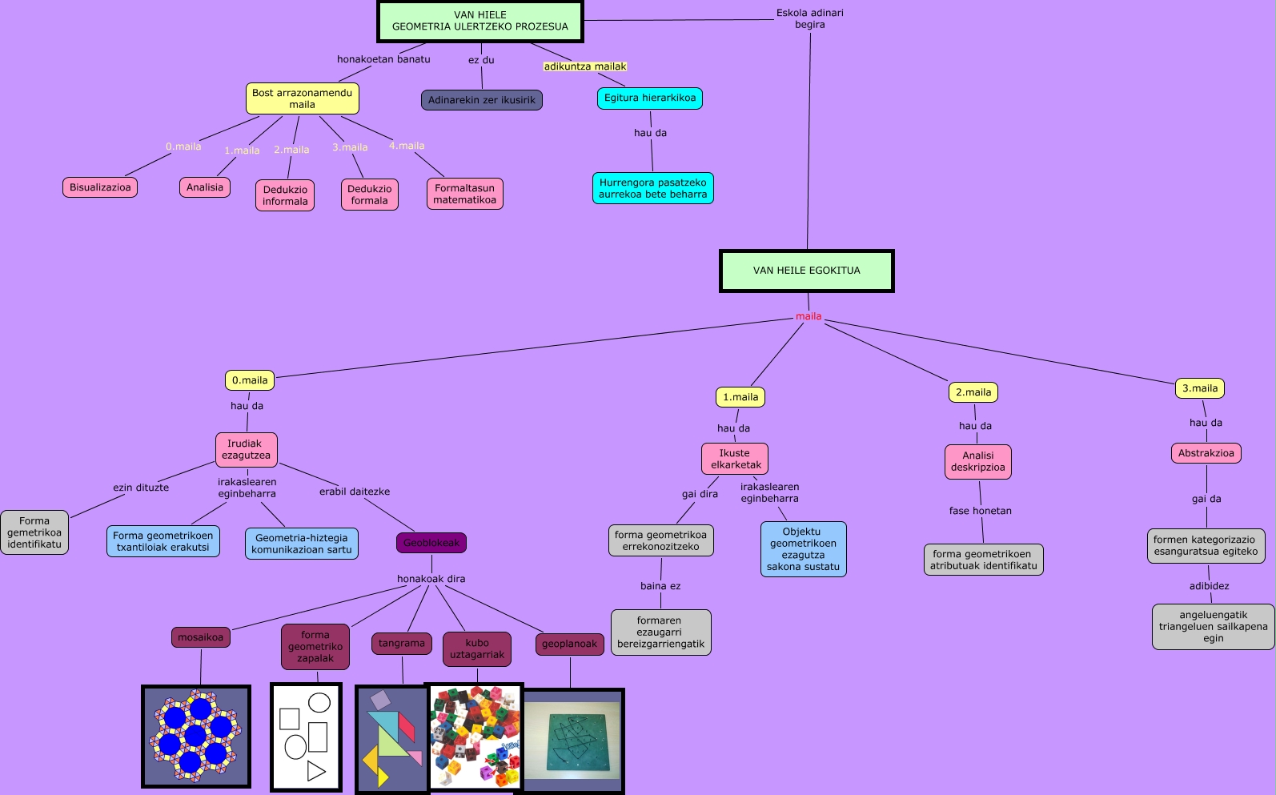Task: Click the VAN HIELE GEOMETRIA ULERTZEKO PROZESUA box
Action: pos(480,21)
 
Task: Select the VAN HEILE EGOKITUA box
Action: pos(806,271)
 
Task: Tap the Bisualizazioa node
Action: pos(100,187)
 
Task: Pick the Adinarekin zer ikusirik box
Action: pos(481,100)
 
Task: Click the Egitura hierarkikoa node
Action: pos(649,98)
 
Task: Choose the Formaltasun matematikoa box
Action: pos(464,194)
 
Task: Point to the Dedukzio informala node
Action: pos(285,195)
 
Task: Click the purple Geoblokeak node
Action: pos(431,543)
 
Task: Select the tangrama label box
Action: pos(401,644)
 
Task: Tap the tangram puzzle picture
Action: pos(392,738)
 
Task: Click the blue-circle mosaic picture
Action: pos(196,736)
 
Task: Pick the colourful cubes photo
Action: pos(475,737)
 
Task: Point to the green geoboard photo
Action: pos(572,741)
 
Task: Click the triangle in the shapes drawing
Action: pos(316,771)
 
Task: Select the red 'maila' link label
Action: pos(808,316)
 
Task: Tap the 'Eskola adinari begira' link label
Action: pos(809,18)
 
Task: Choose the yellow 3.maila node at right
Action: pos(1200,388)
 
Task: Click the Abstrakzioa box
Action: pos(1206,453)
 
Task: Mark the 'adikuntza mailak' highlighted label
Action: pos(585,66)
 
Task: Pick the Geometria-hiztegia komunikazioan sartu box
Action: pos(301,544)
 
